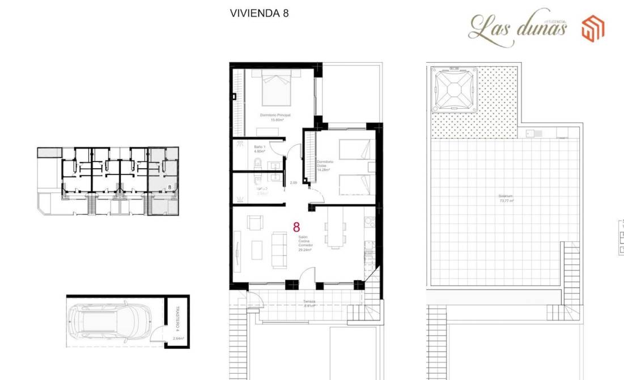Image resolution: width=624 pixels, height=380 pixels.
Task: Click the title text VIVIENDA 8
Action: coord(259,13)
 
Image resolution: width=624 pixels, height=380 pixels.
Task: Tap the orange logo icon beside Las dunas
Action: coord(593,28)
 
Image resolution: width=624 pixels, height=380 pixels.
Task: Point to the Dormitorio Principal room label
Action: coord(275,117)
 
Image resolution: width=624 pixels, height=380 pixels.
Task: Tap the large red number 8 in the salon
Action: coord(296,227)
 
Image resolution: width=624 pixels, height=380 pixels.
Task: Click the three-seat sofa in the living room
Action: coord(278,249)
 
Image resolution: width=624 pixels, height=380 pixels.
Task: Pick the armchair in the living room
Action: coord(254,223)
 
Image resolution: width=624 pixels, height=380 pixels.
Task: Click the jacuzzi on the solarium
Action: coord(454,88)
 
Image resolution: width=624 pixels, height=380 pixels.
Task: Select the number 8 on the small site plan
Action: coord(169,186)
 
